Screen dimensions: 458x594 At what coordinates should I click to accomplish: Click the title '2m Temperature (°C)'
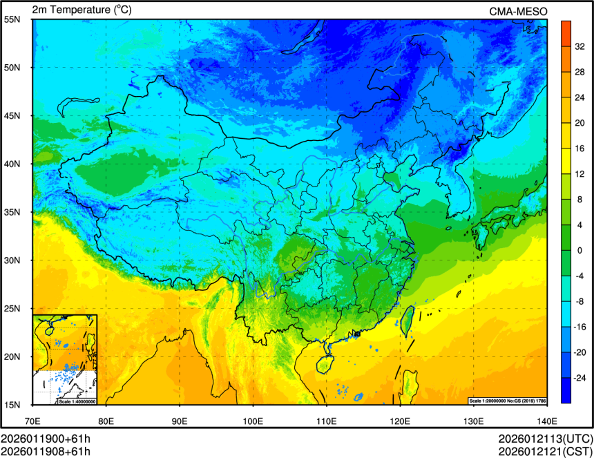[x=82, y=10]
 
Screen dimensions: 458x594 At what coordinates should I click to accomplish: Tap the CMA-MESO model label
[x=518, y=11]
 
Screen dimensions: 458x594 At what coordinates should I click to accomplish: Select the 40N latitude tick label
[x=12, y=164]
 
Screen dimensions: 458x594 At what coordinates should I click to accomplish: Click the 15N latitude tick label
[x=12, y=404]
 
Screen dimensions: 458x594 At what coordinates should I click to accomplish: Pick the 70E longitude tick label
[x=32, y=420]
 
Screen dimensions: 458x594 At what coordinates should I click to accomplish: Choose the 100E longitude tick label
[x=253, y=420]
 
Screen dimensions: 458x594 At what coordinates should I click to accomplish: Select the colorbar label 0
[x=579, y=250]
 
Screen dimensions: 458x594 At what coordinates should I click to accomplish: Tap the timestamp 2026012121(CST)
[x=545, y=452]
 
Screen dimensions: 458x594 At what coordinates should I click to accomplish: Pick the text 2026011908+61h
[x=46, y=452]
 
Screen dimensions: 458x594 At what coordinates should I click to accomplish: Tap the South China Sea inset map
[x=65, y=359]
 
